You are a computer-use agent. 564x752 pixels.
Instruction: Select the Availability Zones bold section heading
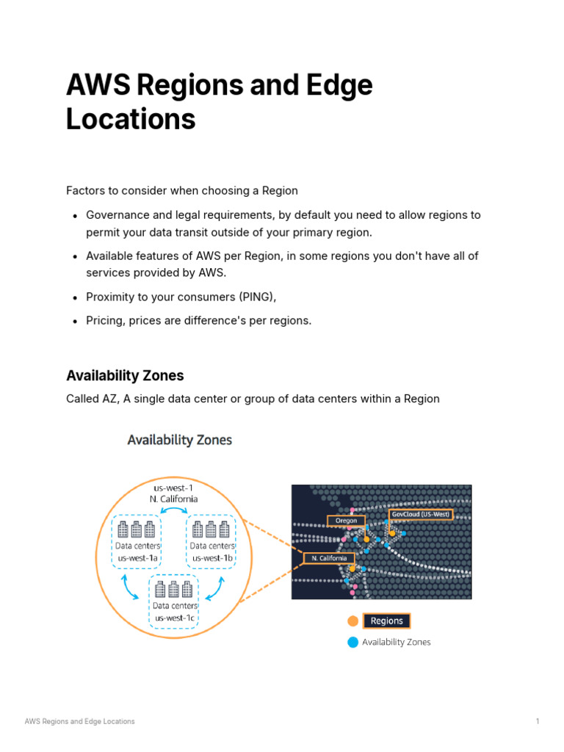click(x=125, y=376)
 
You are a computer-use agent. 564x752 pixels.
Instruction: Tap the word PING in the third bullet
click(x=254, y=297)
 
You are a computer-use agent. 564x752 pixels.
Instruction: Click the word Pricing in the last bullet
click(x=105, y=321)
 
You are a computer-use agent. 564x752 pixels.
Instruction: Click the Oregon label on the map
click(x=346, y=521)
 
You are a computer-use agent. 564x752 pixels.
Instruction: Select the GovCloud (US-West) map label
click(x=421, y=514)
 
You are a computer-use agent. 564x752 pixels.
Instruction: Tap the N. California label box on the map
click(x=329, y=558)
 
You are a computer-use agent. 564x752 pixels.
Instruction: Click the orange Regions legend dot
click(x=353, y=621)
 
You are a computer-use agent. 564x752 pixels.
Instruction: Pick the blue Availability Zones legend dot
click(x=353, y=642)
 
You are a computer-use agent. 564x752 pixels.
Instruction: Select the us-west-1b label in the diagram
click(x=212, y=557)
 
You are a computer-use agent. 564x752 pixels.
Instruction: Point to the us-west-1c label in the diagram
click(x=175, y=618)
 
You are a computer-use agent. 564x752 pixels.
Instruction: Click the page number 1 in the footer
click(x=538, y=721)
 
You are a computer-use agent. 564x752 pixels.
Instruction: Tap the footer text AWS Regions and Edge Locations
click(x=80, y=721)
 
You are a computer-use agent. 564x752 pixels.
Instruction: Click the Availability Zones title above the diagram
click(x=179, y=440)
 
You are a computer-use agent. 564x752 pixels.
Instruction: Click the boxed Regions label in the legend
click(x=387, y=621)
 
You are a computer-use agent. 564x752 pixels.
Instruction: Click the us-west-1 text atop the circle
click(x=173, y=487)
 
